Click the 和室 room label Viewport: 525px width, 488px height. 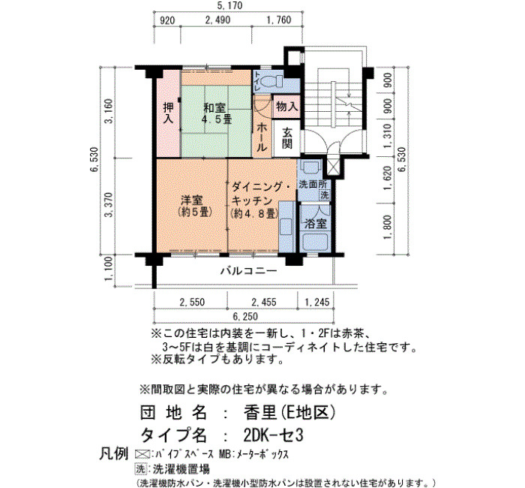point(214,108)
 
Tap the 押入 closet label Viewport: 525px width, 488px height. point(168,113)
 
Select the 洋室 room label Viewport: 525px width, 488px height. point(192,200)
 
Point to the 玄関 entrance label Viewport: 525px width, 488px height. point(287,137)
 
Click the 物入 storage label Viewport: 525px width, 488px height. point(287,107)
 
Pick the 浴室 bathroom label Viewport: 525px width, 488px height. point(316,224)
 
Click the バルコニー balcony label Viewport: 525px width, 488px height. point(249,271)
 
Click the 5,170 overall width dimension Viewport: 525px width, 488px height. point(229,6)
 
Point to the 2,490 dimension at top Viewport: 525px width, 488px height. point(217,20)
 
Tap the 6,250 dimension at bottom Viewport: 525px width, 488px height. point(245,316)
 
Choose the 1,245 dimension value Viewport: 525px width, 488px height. point(316,303)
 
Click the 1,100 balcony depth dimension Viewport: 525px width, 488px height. point(109,271)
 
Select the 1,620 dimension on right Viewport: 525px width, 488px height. point(388,178)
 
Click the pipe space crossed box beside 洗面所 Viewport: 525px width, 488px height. point(332,167)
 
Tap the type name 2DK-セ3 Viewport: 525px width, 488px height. point(273,435)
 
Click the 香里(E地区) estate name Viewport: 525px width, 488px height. point(289,413)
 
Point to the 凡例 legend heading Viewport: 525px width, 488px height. point(113,454)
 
